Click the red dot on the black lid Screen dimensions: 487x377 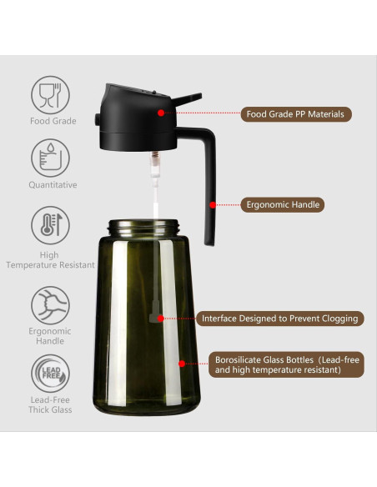click(x=161, y=112)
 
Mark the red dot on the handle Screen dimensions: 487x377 click(x=214, y=203)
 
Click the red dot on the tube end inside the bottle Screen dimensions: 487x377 click(x=159, y=318)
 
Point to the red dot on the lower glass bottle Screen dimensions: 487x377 click(x=182, y=364)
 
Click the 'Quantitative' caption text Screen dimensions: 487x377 click(x=53, y=184)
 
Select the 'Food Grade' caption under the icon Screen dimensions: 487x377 click(x=53, y=121)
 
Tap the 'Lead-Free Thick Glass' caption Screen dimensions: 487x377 click(x=51, y=404)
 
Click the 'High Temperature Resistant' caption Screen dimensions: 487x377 click(x=49, y=259)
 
